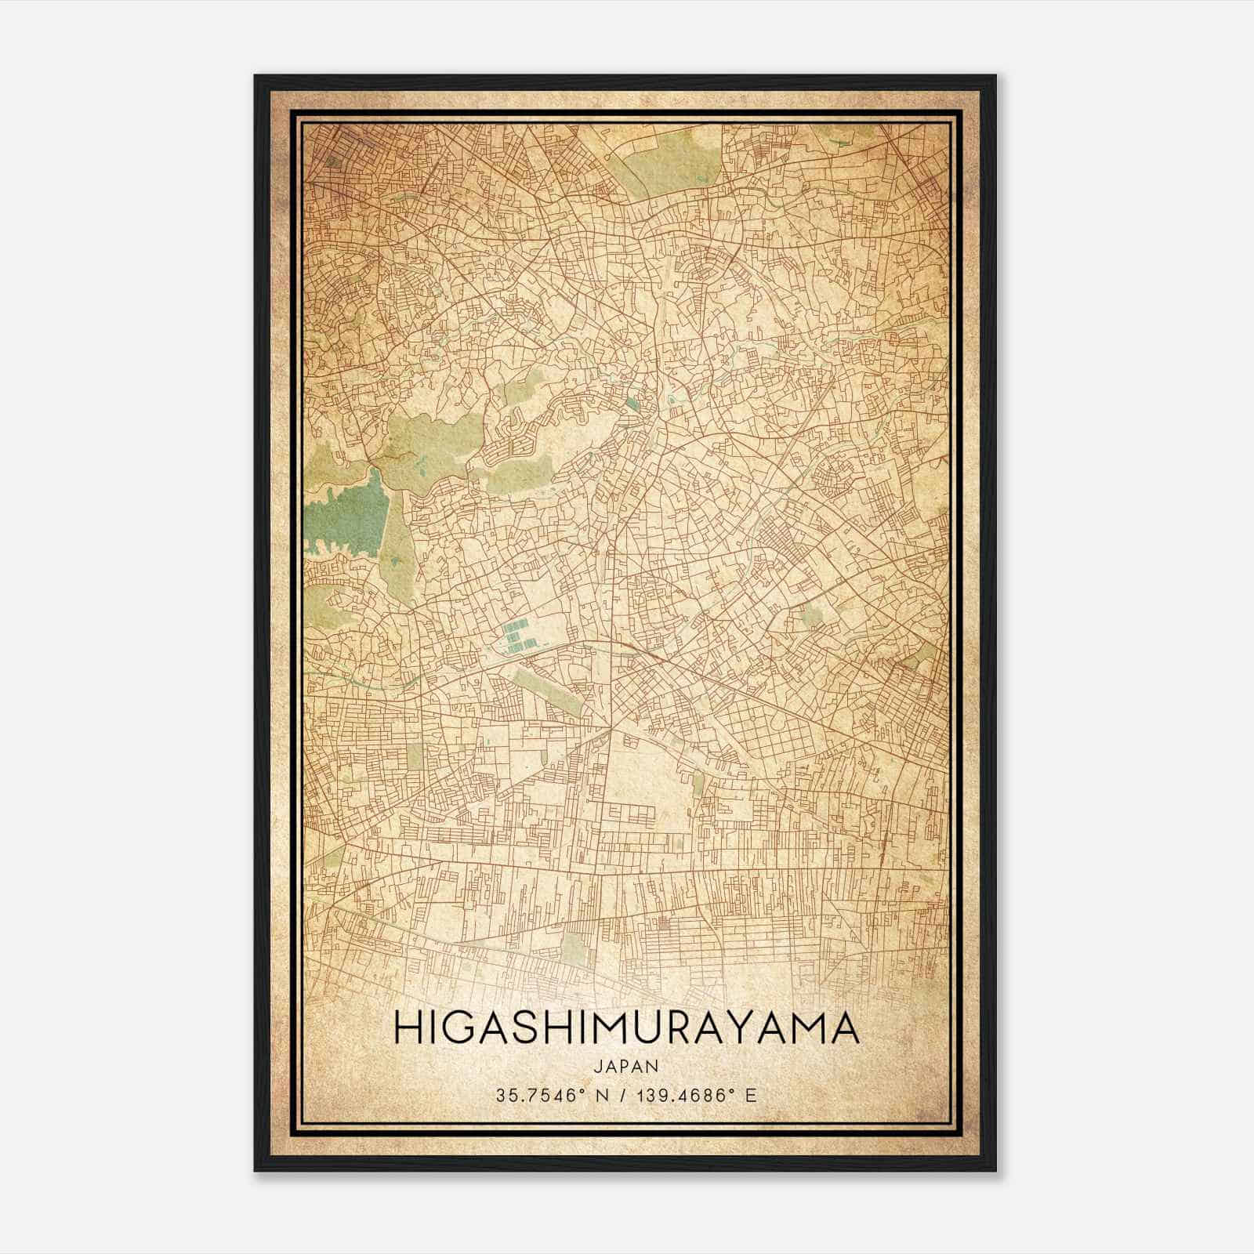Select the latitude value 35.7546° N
(545, 1096)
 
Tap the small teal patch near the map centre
(632, 405)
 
